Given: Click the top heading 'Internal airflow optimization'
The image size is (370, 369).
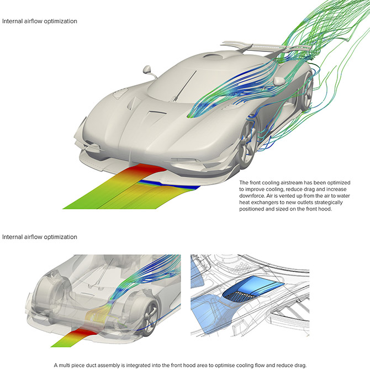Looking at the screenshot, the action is [40, 21].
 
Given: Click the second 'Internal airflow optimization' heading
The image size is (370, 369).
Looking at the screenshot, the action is [40, 237].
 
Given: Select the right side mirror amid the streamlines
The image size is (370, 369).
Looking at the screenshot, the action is [279, 81].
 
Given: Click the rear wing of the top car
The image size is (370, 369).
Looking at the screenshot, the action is [267, 47].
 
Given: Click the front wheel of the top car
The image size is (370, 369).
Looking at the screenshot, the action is [247, 144].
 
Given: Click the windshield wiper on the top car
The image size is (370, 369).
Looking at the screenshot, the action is [184, 86].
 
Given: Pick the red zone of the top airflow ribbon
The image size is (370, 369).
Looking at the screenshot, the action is [146, 171].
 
